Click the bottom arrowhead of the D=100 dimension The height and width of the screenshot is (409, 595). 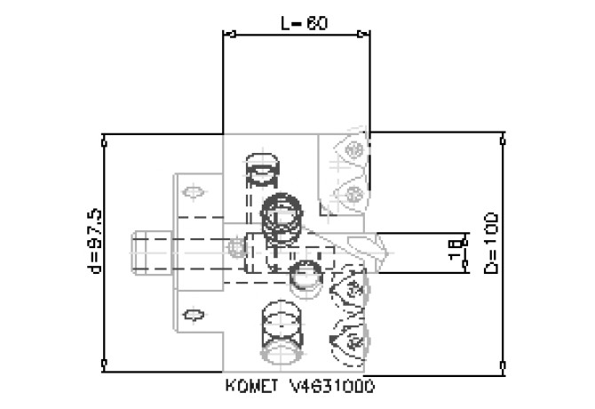(504, 365)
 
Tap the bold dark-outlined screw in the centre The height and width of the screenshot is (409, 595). (284, 213)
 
